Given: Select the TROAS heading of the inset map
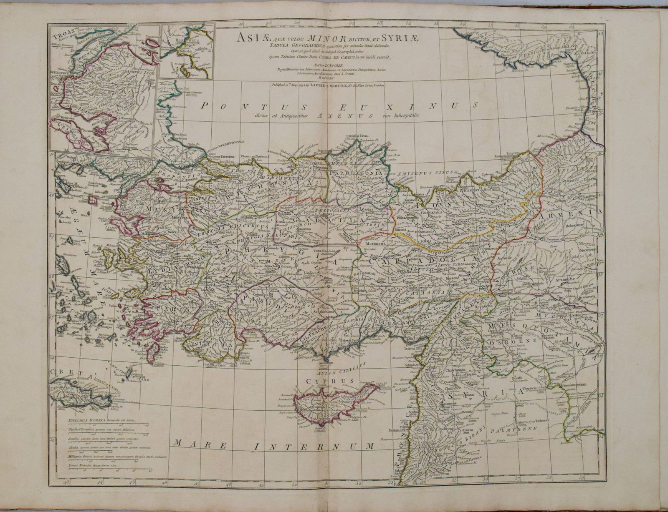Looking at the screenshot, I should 58,31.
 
